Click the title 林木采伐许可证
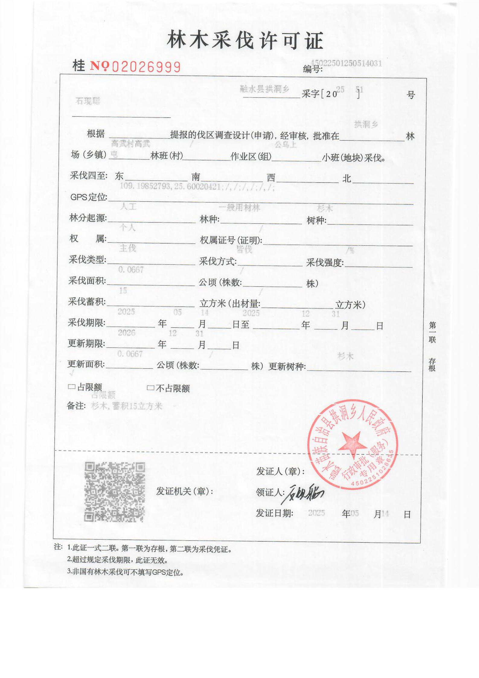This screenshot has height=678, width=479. pos(245,40)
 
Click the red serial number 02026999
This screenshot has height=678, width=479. pos(146,67)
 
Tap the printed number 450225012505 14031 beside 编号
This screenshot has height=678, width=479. pos(346,63)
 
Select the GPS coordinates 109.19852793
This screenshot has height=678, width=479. pos(145,186)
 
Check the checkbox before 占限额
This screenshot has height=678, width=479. pos(72,387)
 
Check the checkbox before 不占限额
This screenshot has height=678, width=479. pos(150,388)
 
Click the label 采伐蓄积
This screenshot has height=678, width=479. pos(87,302)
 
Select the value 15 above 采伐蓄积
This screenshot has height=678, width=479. pos(123,291)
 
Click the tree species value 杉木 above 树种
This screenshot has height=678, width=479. pos(325,208)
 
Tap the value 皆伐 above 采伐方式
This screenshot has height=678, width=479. pos(244,249)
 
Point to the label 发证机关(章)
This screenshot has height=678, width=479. pos(184,491)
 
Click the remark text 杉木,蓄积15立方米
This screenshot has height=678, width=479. pos(127,406)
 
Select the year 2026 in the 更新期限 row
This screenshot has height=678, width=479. pos(126,333)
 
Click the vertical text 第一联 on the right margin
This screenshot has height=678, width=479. pos(432,332)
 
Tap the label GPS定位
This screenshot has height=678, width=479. pos(89,197)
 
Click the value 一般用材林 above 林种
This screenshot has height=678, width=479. pos(239,207)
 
